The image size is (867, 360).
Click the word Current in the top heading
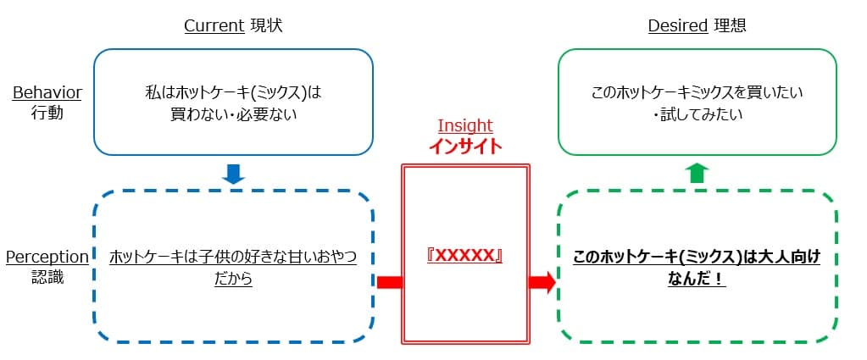pos(214,25)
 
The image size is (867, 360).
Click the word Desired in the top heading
pos(677,25)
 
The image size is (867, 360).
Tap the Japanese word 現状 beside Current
pos(266,25)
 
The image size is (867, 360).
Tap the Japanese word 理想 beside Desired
pos(730,25)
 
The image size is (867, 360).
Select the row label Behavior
pos(47,93)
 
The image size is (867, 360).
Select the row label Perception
pos(47,257)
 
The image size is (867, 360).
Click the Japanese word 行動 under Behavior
pos(47,113)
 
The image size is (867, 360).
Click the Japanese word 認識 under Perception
pos(47,276)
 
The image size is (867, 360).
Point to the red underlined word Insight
pos(464,125)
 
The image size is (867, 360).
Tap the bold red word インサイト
pos(464,146)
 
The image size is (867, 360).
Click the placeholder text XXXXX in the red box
pos(464,256)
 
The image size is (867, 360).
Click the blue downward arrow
pos(233,174)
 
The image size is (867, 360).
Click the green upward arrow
pos(696,173)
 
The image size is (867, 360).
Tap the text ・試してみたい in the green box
pos(697,113)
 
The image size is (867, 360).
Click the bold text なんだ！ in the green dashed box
pos(697,277)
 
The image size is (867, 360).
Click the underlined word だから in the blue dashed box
pos(233,277)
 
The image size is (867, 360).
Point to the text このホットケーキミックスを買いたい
pos(697,91)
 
